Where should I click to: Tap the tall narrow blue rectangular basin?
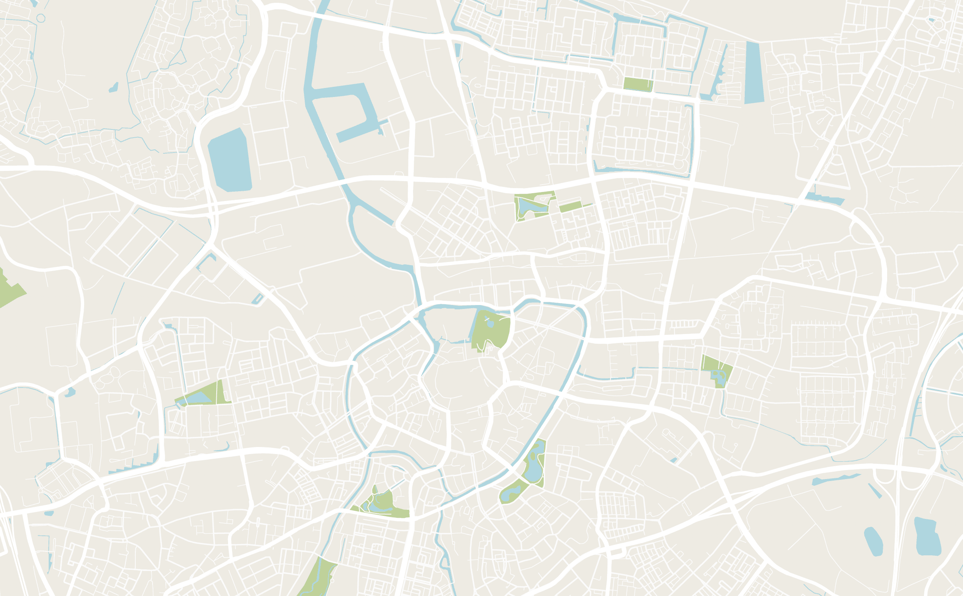coord(754,73)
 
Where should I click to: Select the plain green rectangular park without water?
coord(638,84)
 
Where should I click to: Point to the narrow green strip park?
coord(571,206)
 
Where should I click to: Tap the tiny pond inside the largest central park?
coord(490,324)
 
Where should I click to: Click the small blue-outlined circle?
coord(41,18)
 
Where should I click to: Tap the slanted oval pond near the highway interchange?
coord(873,542)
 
